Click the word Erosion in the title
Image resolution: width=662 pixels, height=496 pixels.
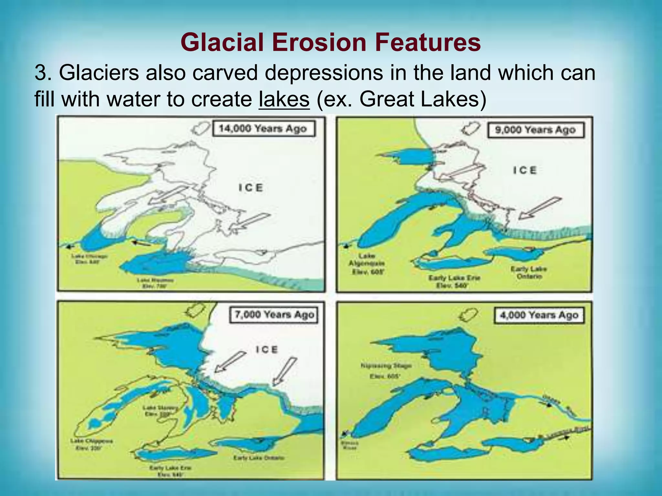[x=319, y=42]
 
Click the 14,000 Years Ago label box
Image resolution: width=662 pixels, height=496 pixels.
[x=263, y=129]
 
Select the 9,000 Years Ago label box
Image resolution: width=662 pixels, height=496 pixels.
[x=536, y=130]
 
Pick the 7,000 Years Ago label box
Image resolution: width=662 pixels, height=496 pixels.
[x=274, y=315]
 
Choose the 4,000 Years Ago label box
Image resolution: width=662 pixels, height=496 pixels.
[x=539, y=315]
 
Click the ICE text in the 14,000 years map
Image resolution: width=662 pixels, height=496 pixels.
[x=251, y=188]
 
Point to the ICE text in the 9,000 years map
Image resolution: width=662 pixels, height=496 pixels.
[x=525, y=170]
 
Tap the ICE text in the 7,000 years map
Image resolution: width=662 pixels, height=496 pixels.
[x=267, y=349]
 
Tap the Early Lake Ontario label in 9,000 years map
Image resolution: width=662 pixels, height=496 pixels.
[x=529, y=272]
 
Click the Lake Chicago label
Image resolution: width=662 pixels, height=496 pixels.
[x=89, y=259]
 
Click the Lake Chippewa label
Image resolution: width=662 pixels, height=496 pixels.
[x=91, y=444]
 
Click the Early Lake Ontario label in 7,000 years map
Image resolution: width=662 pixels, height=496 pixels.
[x=259, y=458]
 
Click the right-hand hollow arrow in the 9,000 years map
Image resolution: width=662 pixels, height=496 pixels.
[x=539, y=208]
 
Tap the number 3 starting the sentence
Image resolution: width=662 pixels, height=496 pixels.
[x=41, y=73]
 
